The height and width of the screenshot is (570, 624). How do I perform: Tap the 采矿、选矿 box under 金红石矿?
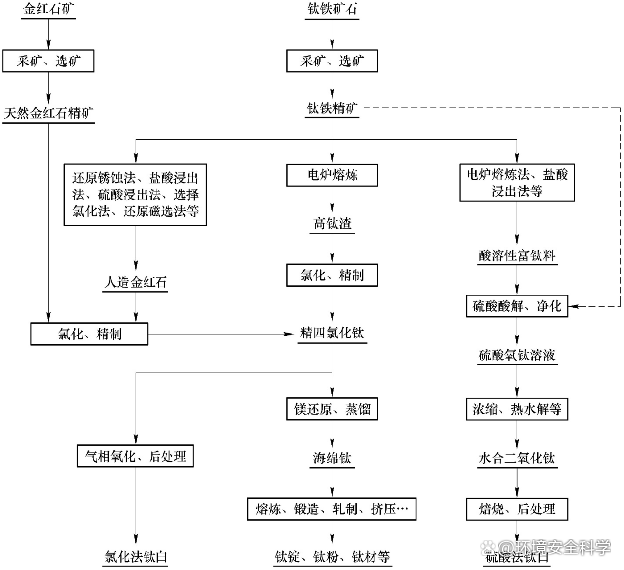48,61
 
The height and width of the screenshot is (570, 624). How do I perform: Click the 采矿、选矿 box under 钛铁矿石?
332,61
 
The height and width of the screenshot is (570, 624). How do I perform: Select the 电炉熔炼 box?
332,175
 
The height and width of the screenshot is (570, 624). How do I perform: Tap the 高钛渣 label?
332,225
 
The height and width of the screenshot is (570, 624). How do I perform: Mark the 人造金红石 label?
136,283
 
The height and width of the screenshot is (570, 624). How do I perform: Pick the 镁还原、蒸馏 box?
332,409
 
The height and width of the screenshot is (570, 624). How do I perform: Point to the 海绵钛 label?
332,459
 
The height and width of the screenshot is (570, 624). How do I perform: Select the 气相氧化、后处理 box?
136,457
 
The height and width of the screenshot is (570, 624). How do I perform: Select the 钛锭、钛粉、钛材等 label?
332,556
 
